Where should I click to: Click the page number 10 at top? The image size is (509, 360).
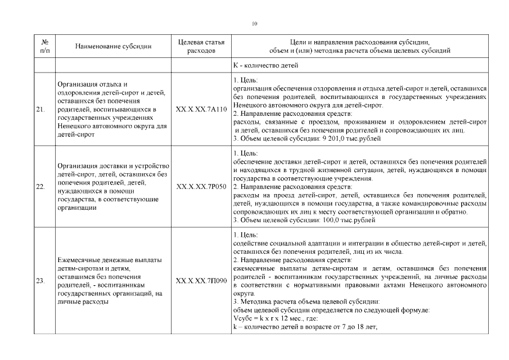[254, 24]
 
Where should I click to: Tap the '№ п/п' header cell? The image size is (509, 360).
[44, 46]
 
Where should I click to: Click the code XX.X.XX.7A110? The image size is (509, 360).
[201, 109]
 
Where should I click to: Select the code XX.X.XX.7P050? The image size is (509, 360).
[201, 186]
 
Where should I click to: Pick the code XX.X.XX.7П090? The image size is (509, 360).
[201, 280]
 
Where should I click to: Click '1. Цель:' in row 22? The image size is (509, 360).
[245, 153]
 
